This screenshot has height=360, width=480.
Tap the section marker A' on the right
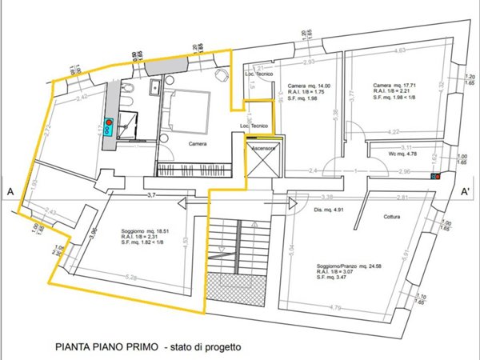pyautogui.click(x=465, y=192)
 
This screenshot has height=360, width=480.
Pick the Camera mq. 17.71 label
pyautogui.click(x=396, y=86)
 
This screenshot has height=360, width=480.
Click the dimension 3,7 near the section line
pyautogui.click(x=151, y=194)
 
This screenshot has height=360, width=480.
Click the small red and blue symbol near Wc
pyautogui.click(x=434, y=176)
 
